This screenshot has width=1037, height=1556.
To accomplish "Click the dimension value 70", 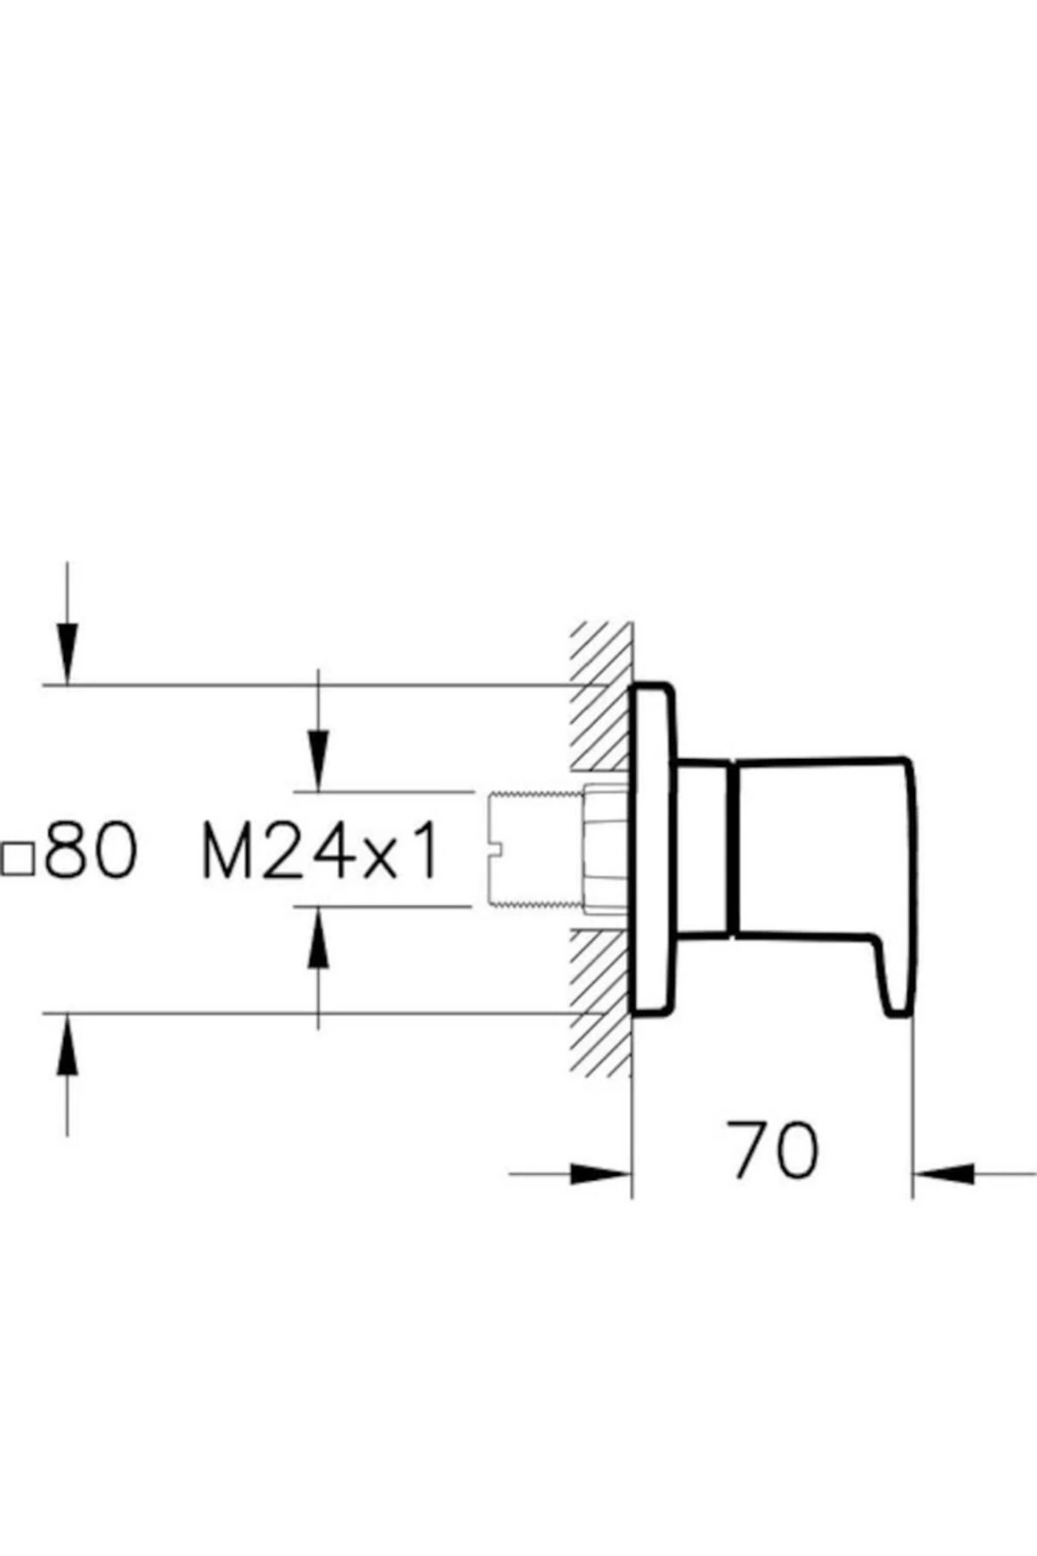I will (x=772, y=1151).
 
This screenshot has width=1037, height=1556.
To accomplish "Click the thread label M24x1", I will (x=321, y=851).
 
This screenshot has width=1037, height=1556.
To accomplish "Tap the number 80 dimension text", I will (x=91, y=851).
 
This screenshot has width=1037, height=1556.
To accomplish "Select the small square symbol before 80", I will (x=17, y=859).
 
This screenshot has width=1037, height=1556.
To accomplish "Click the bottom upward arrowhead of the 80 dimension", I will (x=67, y=1044).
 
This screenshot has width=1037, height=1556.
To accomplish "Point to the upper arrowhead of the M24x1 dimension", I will (x=319, y=761).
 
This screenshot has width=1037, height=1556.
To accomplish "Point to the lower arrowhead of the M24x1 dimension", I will (x=319, y=938).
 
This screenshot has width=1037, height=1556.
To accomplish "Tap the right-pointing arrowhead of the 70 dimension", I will (x=601, y=1174).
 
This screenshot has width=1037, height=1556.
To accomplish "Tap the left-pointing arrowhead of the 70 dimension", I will (x=945, y=1174).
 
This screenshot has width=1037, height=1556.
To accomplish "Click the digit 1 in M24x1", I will (x=426, y=851).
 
